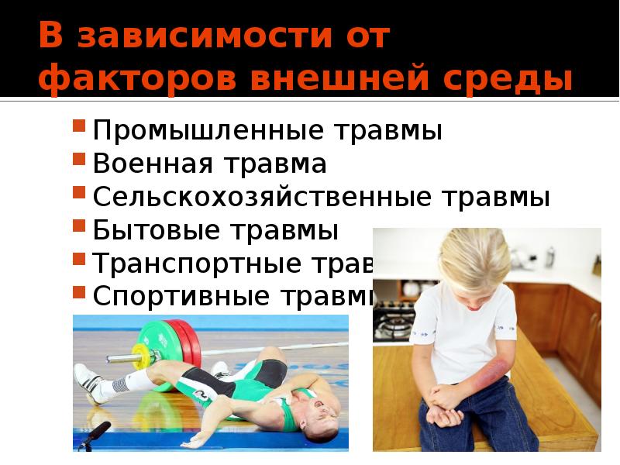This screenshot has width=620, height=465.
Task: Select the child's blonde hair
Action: [x=472, y=256]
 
